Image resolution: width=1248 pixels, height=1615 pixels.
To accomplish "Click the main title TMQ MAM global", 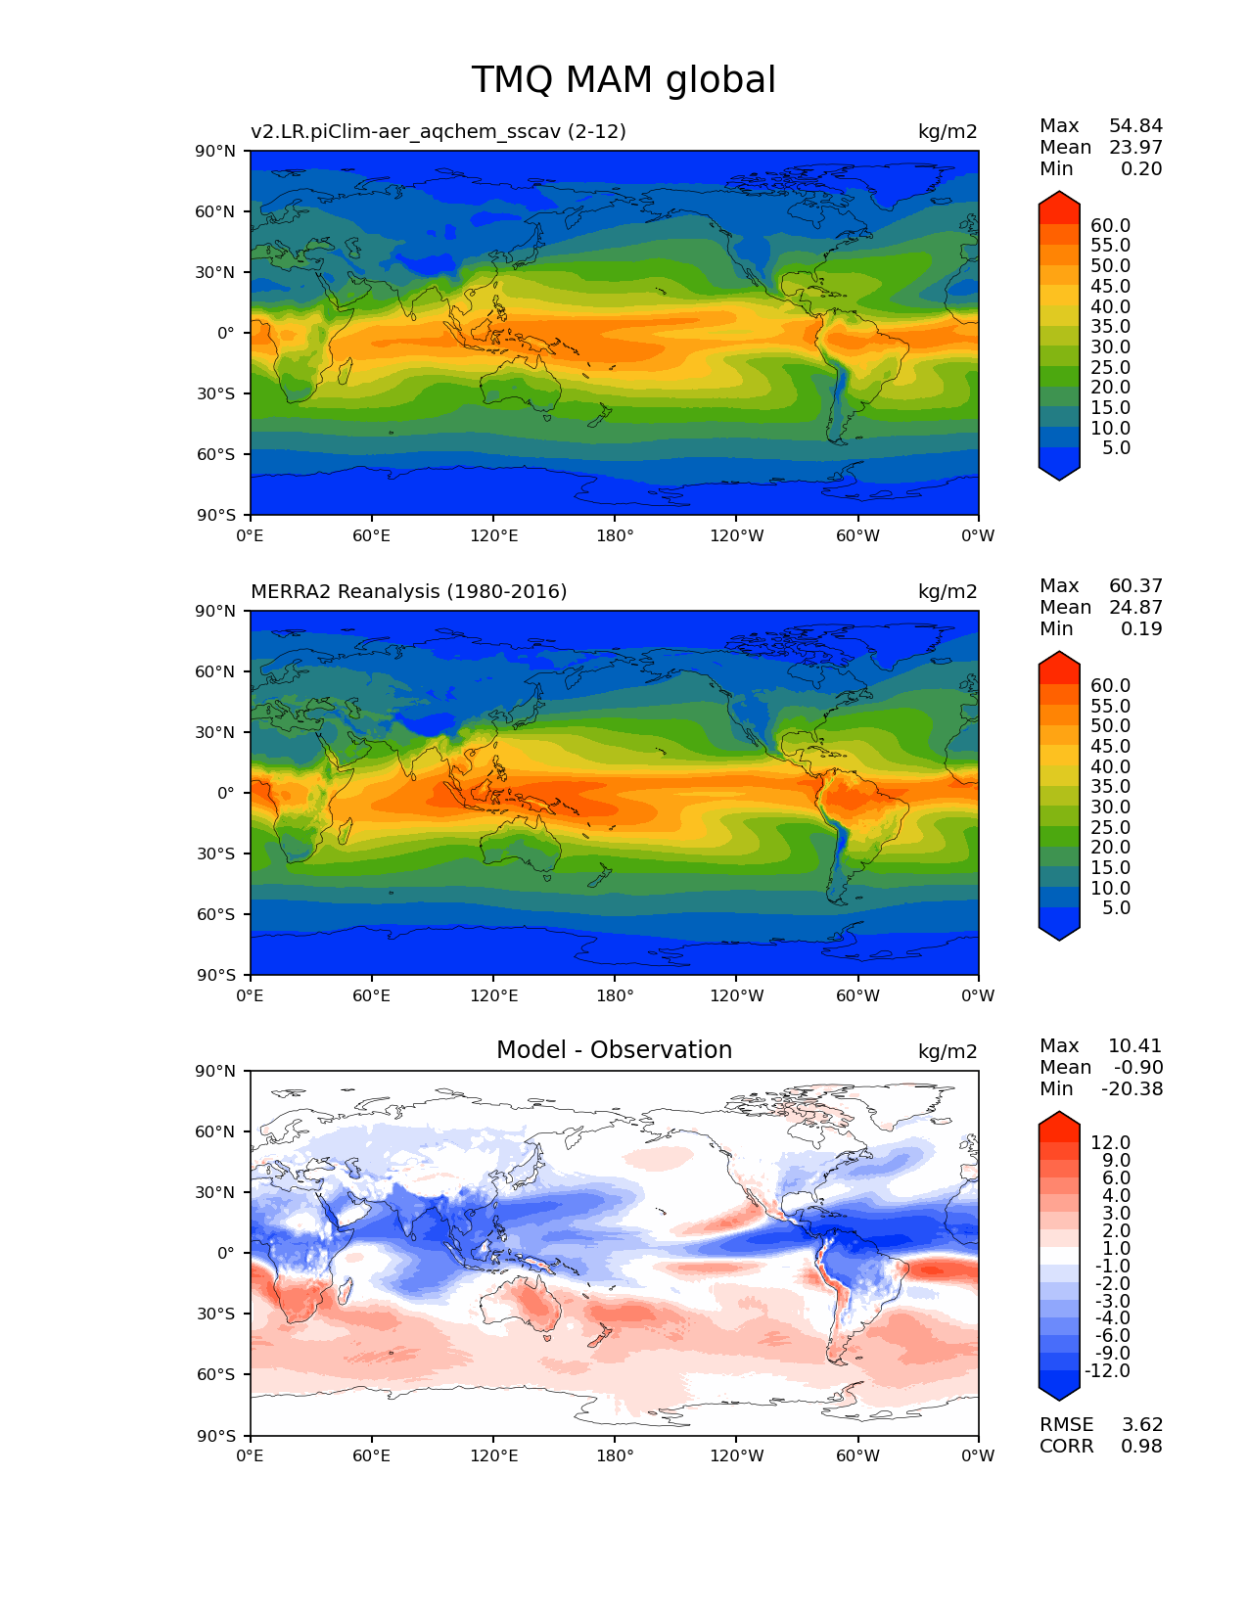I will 624,80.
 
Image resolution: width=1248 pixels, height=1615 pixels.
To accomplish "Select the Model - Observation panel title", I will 614,1050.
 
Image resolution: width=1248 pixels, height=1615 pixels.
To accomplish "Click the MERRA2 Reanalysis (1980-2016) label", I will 408,592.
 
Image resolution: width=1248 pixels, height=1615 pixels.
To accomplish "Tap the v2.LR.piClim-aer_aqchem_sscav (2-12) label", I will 438,132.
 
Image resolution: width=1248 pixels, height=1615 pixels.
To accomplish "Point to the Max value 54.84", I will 1135,126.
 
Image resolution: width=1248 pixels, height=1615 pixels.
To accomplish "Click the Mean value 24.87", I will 1135,608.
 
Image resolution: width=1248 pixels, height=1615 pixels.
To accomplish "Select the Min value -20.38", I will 1132,1089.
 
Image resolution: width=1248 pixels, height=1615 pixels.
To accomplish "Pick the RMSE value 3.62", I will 1141,1425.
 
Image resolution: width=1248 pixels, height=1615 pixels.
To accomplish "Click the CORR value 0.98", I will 1141,1447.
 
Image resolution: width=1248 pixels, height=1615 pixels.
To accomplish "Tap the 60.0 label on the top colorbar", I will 1110,226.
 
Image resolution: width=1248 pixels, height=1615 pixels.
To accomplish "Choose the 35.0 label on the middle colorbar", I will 1110,787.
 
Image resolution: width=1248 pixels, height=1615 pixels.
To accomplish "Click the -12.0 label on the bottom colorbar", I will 1107,1371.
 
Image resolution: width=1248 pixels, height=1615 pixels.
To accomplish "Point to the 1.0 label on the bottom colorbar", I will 1116,1249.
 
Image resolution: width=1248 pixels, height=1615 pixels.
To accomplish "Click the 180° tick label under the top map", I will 615,536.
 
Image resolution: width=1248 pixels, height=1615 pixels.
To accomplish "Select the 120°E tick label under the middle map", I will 493,996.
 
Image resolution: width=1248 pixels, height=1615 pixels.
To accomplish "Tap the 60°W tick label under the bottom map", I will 857,1456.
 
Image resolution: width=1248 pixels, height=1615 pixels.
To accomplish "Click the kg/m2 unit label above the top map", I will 947,132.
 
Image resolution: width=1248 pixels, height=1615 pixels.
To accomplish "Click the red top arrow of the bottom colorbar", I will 1059,1126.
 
